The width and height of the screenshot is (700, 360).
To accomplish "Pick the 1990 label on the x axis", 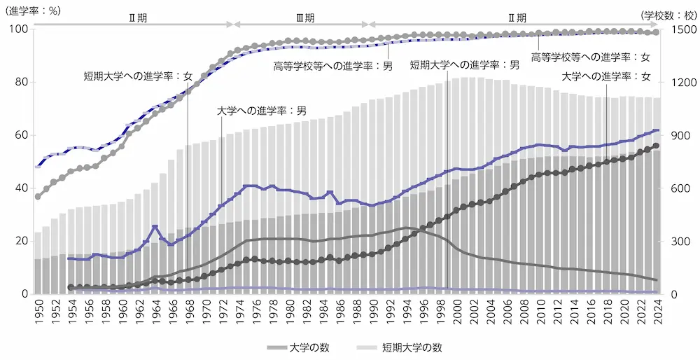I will click(372, 310).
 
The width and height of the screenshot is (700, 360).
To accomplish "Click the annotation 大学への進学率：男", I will click(261, 110).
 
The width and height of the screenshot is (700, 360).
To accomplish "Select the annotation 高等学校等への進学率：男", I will click(333, 67).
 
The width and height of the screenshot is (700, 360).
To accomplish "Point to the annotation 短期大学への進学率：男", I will click(465, 64).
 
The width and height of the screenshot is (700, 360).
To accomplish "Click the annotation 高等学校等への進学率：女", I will click(591, 57).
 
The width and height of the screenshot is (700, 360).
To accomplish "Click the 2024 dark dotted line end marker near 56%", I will click(656, 146).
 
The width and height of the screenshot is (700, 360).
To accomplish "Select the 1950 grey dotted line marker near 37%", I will click(38, 196).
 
